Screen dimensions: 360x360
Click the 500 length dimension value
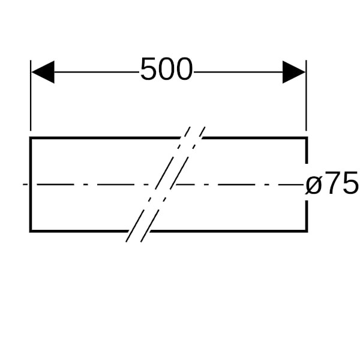pyautogui.click(x=166, y=69)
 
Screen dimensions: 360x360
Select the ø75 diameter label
pyautogui.click(x=332, y=183)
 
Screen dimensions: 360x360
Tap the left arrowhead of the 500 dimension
pyautogui.click(x=43, y=72)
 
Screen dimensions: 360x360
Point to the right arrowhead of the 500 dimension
pyautogui.click(x=294, y=72)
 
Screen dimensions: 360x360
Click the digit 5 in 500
pyautogui.click(x=149, y=69)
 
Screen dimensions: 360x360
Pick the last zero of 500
pyautogui.click(x=184, y=69)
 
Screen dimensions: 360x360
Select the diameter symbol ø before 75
pyautogui.click(x=313, y=185)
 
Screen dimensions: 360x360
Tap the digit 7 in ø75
pyautogui.click(x=331, y=183)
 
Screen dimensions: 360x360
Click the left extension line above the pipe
pyautogui.click(x=31, y=95)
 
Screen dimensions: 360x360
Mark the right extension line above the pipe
pyautogui.click(x=306, y=95)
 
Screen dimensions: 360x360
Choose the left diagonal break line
pyautogui.click(x=158, y=184)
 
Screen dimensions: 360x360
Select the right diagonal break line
pyautogui.click(x=173, y=184)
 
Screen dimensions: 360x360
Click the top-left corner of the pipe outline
pyautogui.click(x=31, y=138)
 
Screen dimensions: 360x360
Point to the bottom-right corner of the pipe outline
pyautogui.click(x=307, y=231)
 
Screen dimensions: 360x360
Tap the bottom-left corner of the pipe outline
pyautogui.click(x=31, y=231)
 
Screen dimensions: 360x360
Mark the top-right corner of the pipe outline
pyautogui.click(x=307, y=138)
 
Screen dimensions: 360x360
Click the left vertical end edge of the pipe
pyautogui.click(x=31, y=184)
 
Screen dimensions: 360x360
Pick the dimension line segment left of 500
pyautogui.click(x=97, y=72)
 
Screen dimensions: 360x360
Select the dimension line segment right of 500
pyautogui.click(x=238, y=72)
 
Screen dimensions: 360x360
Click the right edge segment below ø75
pyautogui.click(x=307, y=216)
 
